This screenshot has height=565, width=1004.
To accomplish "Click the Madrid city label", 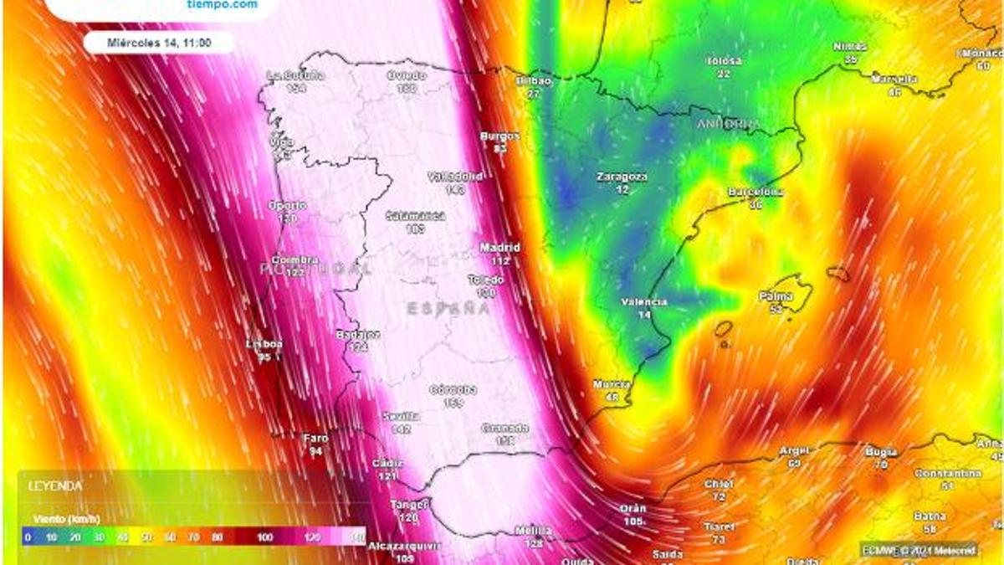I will click(x=499, y=248).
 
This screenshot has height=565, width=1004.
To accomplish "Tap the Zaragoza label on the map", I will click(x=622, y=177).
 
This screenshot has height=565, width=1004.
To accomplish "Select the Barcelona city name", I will click(x=756, y=192).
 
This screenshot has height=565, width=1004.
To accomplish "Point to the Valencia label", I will click(x=644, y=301).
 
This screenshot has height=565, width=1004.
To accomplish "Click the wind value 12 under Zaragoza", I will click(x=622, y=190).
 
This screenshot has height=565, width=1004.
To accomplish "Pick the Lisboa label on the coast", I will click(x=264, y=344).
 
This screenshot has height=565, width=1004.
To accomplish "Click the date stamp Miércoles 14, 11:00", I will click(x=159, y=42).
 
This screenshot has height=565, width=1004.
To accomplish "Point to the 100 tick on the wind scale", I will click(x=265, y=537).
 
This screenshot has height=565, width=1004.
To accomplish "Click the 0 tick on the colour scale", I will click(x=28, y=537).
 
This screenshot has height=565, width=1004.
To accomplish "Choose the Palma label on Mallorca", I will click(x=776, y=296).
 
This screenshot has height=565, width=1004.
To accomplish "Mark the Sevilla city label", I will click(x=400, y=416).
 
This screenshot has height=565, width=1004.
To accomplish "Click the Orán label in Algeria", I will click(x=633, y=508).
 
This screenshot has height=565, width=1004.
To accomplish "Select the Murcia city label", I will click(x=612, y=384).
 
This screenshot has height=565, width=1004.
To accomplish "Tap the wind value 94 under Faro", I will click(x=315, y=451).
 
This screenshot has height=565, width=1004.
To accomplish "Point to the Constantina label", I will click(x=947, y=473).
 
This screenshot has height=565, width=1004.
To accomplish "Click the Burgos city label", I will click(x=499, y=136).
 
